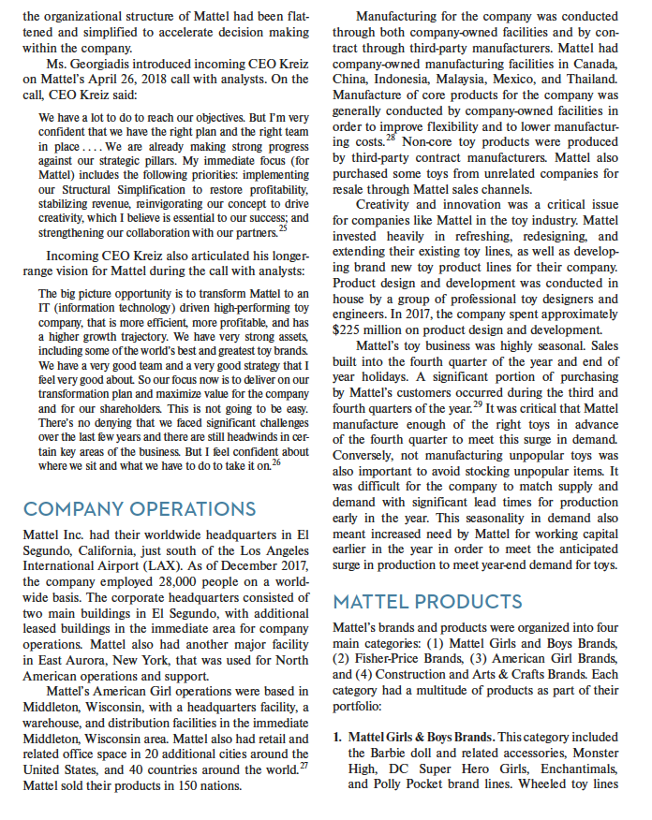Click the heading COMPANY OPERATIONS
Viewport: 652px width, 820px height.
click(x=140, y=508)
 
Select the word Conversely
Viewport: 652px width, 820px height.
click(x=368, y=458)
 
